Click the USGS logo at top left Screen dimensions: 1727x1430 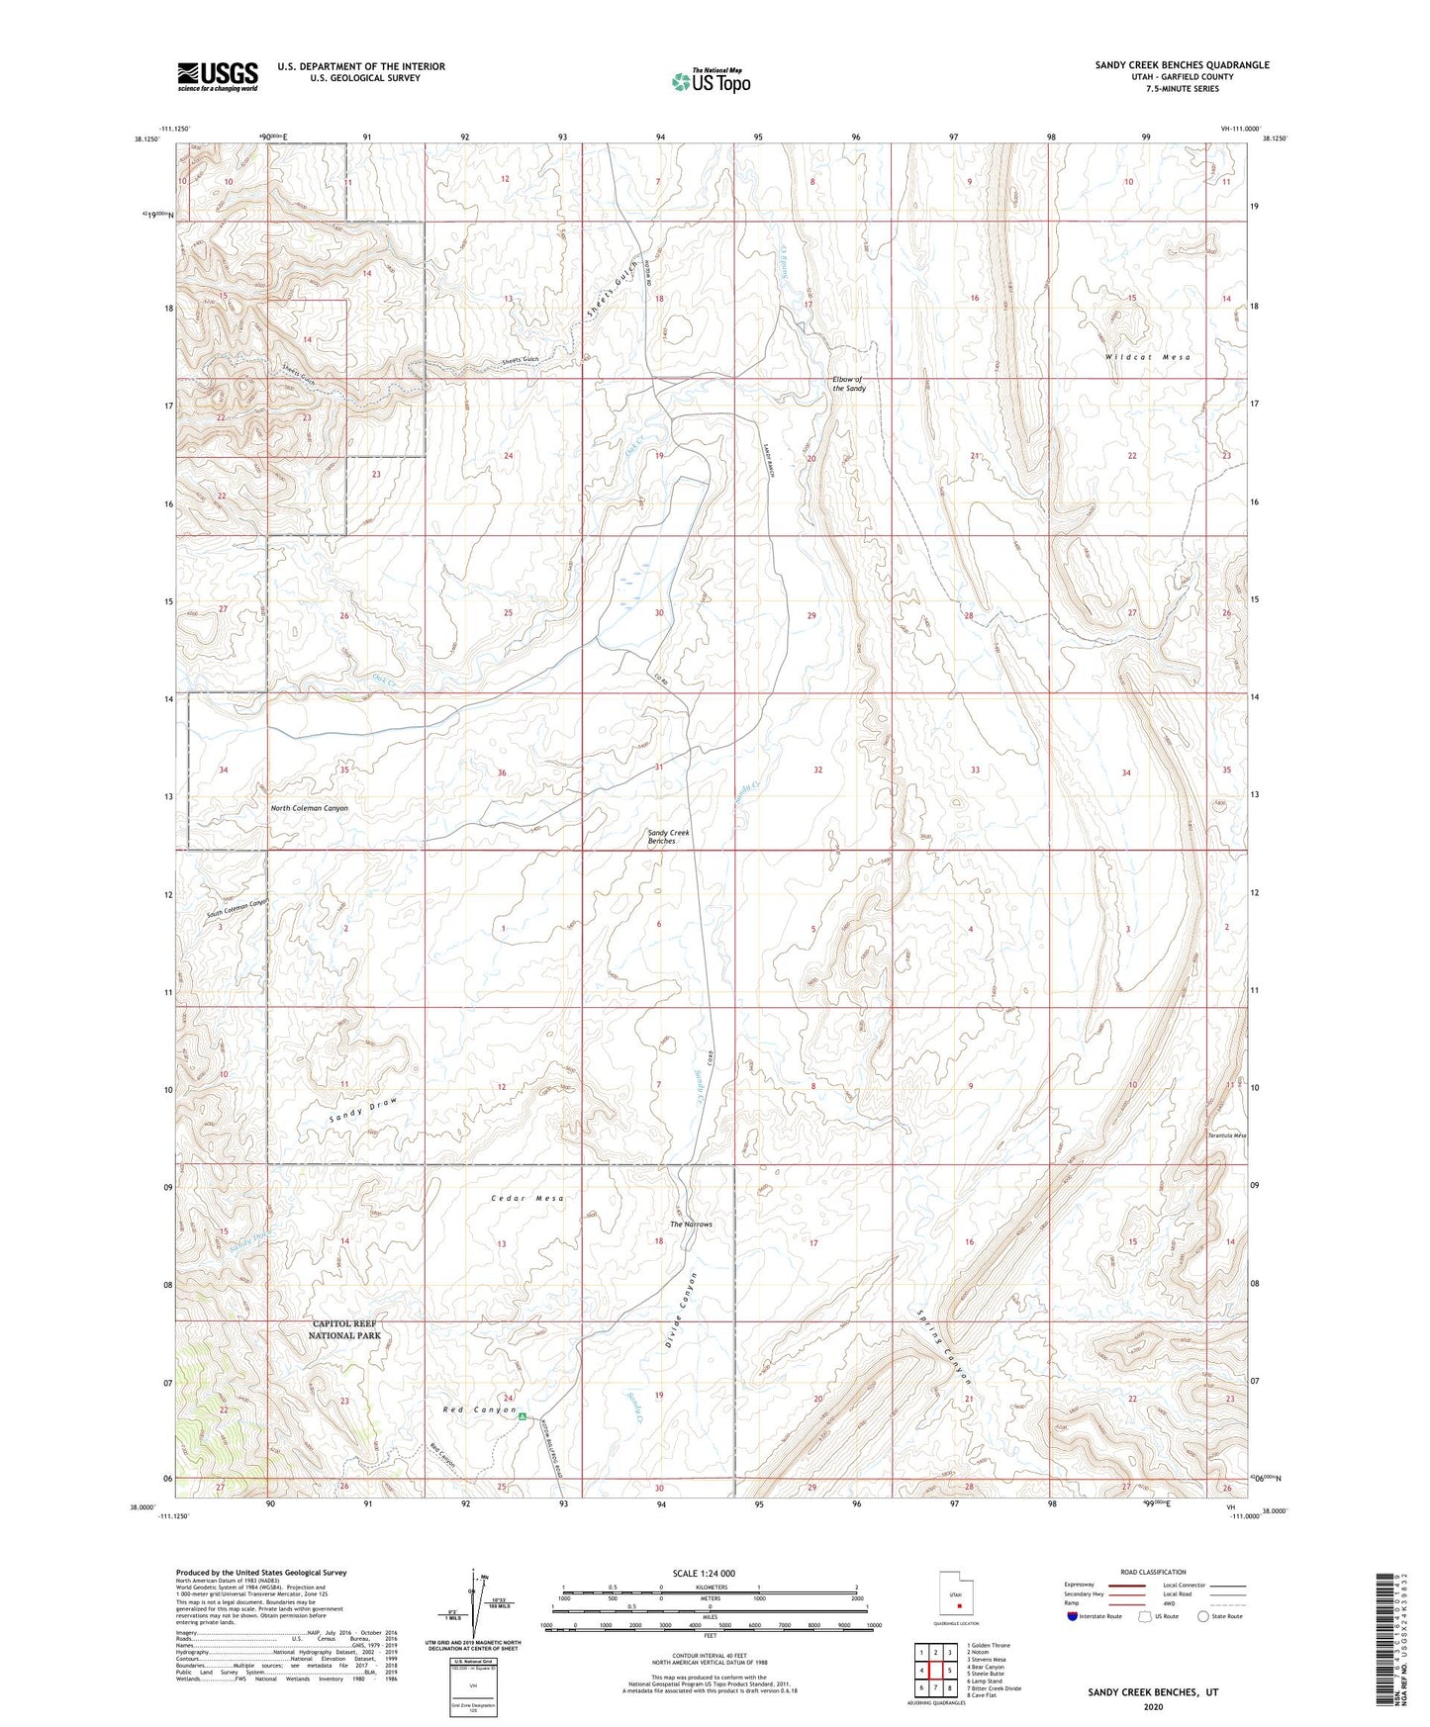[x=218, y=75]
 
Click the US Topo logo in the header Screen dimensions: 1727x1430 [x=711, y=81]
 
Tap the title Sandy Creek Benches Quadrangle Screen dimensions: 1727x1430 [x=1182, y=65]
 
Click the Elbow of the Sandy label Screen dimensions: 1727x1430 [x=848, y=385]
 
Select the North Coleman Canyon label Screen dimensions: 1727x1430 [x=310, y=808]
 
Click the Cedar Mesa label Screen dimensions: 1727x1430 [x=527, y=1198]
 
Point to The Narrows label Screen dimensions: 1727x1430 [x=691, y=1225]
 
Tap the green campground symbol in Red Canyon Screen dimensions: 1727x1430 [x=522, y=1416]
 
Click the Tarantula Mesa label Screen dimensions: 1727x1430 [x=1226, y=1136]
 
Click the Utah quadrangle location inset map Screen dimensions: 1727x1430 [x=956, y=1603]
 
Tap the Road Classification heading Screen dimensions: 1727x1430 [x=1154, y=1572]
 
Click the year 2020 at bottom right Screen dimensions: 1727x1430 [x=1153, y=1706]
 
